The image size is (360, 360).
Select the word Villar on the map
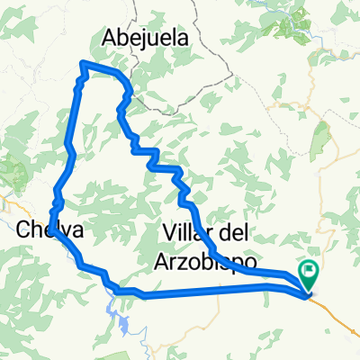coord(189,232)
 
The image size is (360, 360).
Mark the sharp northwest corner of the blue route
coord(83,63)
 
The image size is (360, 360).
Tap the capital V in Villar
coord(172,232)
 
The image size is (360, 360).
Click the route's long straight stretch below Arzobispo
coord(207,290)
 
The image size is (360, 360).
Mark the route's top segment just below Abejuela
coord(103,67)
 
